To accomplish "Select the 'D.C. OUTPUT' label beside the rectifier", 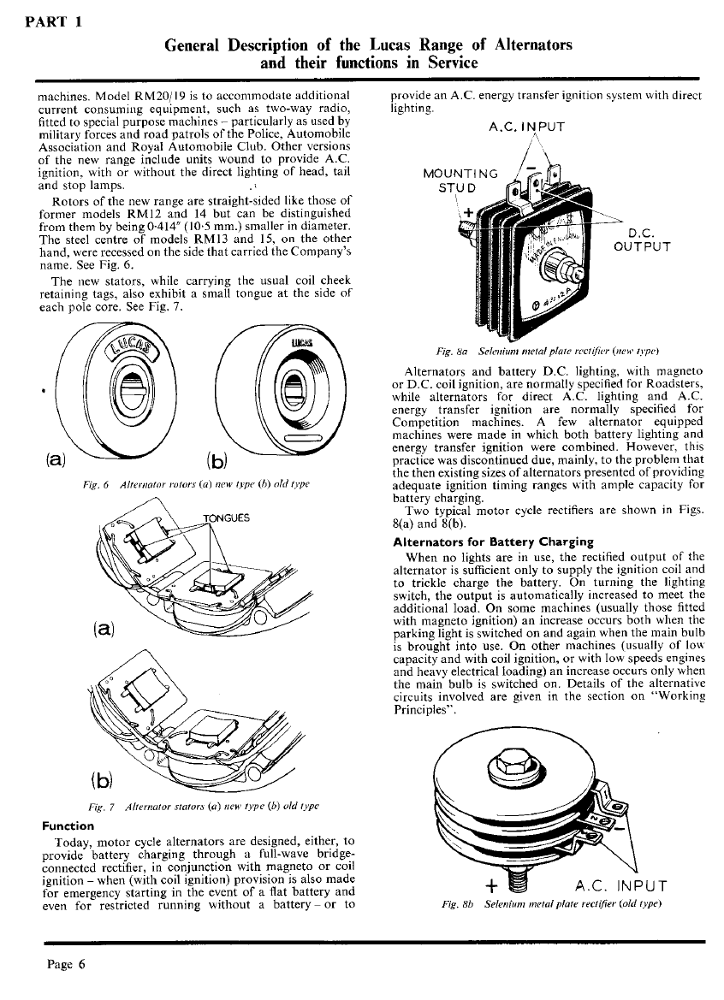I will [642, 239].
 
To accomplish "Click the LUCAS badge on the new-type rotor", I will [126, 352].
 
